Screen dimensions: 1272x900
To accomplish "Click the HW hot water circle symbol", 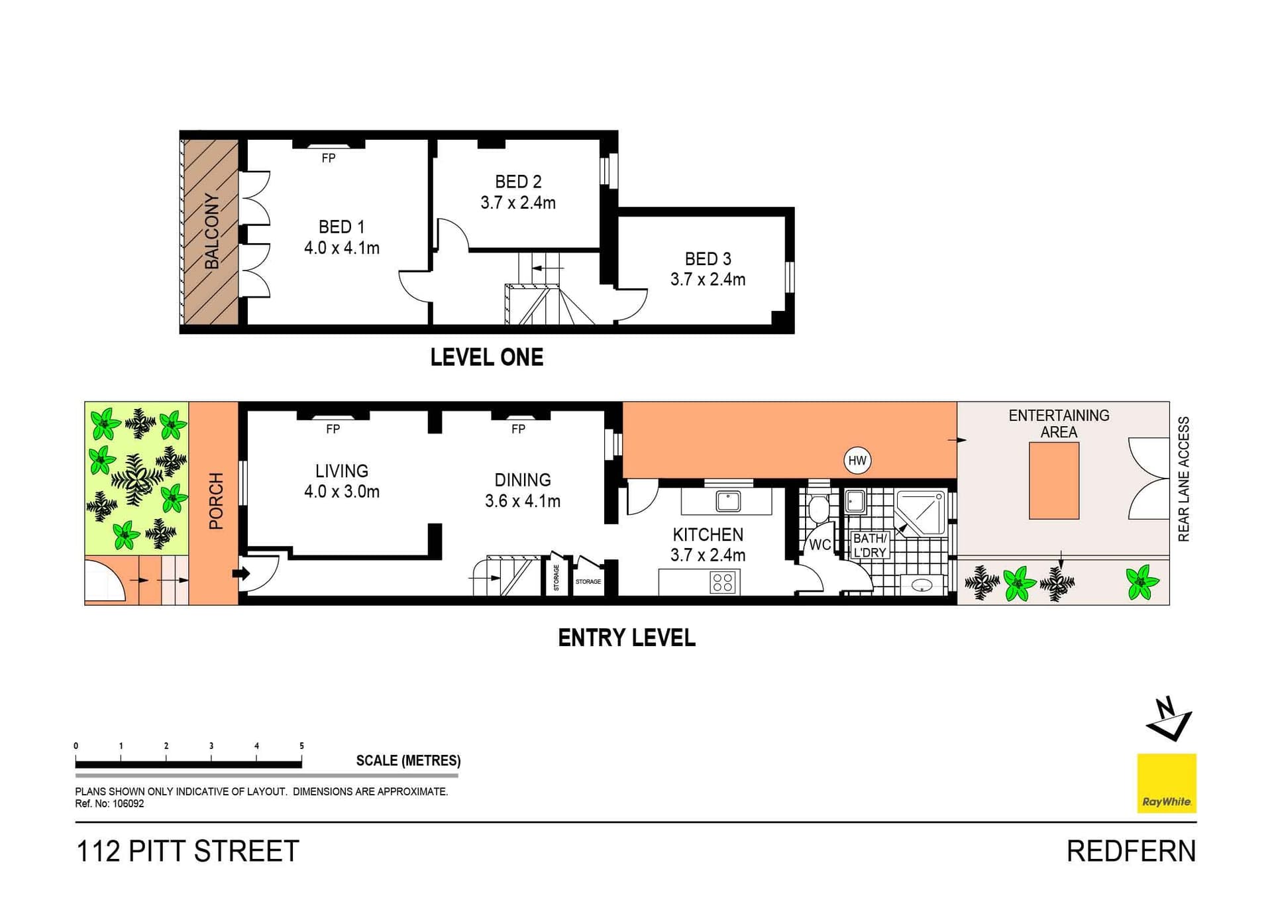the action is click(x=857, y=461).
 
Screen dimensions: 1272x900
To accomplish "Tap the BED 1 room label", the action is click(x=342, y=227).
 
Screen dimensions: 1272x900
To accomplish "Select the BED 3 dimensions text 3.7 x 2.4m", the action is click(x=708, y=279).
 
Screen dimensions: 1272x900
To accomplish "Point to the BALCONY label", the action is click(x=211, y=231).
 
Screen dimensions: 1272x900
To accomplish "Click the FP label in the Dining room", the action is click(x=518, y=429).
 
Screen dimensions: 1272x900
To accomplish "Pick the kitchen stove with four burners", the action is click(x=723, y=583).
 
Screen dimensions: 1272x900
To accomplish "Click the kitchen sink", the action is click(x=728, y=500).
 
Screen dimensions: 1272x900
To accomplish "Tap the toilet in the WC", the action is click(x=818, y=507).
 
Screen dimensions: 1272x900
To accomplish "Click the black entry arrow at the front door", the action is click(x=242, y=574).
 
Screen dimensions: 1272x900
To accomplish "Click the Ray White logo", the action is click(x=1167, y=783).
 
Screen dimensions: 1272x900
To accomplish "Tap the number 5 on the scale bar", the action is click(x=301, y=746).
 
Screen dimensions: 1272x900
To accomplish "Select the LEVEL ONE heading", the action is click(x=487, y=357).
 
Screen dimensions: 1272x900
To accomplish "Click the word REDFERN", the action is click(x=1132, y=852).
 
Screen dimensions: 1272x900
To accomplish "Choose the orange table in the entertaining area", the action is click(x=1054, y=480).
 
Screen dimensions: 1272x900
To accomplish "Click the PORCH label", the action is click(x=216, y=501).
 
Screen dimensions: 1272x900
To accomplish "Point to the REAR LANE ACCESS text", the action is click(x=1183, y=478).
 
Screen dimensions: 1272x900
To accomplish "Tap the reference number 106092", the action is click(x=127, y=804).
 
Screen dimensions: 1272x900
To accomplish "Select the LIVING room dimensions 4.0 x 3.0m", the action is click(x=342, y=491).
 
